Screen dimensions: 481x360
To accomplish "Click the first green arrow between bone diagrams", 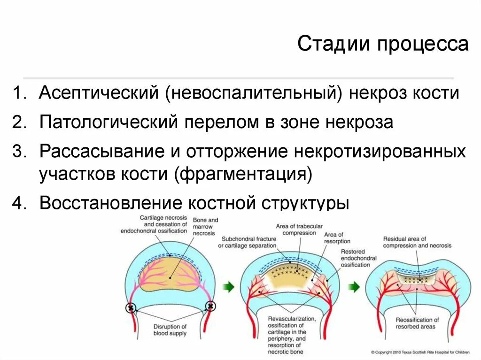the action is pyautogui.click(x=228, y=287).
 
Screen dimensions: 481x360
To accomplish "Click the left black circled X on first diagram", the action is pyautogui.click(x=131, y=308).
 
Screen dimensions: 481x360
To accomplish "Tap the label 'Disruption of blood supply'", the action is pyautogui.click(x=170, y=330).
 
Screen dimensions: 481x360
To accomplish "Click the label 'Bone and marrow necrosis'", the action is pyautogui.click(x=205, y=226).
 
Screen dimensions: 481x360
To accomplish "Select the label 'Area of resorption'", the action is pyautogui.click(x=334, y=238).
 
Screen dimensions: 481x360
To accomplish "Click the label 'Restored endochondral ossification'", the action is pyautogui.click(x=356, y=258).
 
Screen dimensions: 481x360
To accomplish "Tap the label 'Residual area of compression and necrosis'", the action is pyautogui.click(x=417, y=242).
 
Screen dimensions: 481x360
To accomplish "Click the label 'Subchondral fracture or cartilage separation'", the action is pyautogui.click(x=247, y=242).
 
